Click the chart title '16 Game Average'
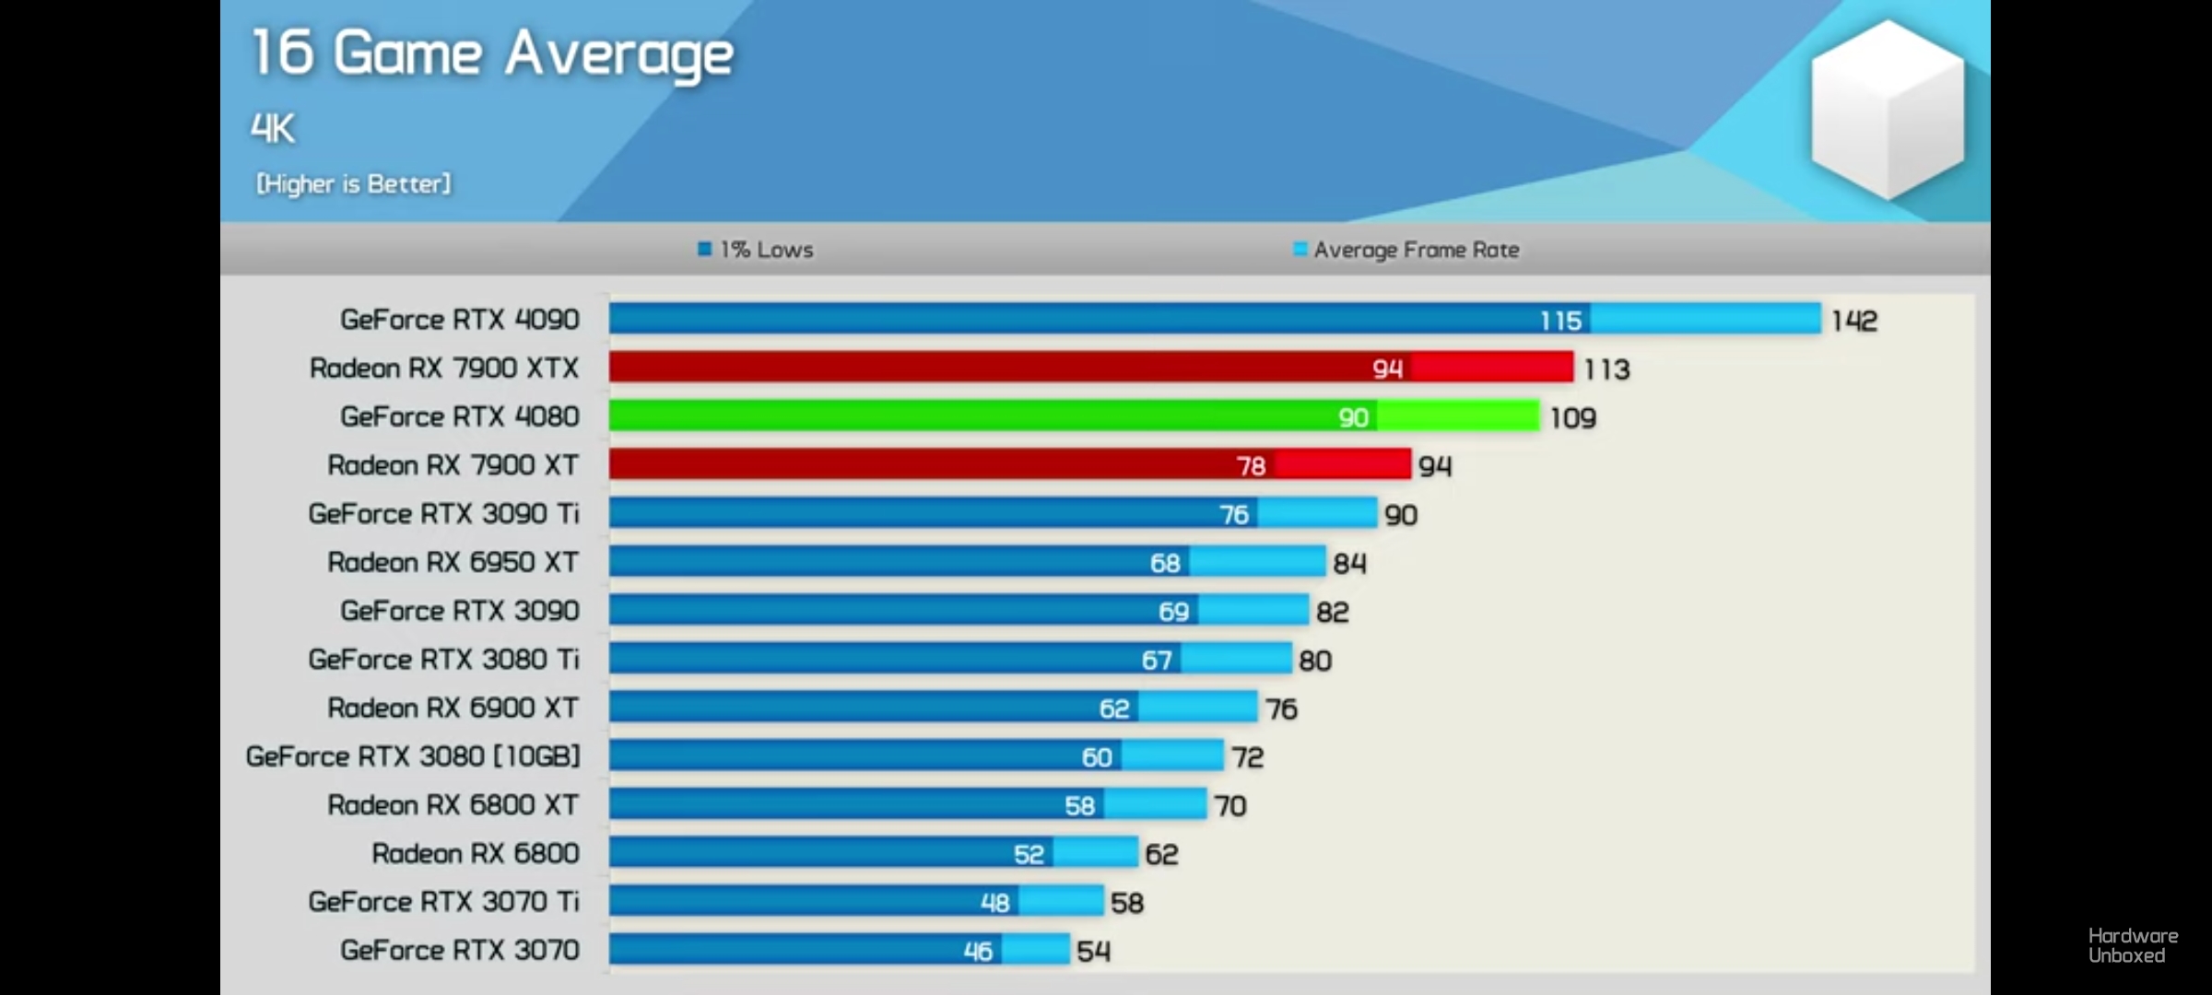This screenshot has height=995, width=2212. pyautogui.click(x=492, y=53)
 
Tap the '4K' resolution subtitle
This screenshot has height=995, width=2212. pyautogui.click(x=273, y=129)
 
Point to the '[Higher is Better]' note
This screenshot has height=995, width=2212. pyautogui.click(x=354, y=184)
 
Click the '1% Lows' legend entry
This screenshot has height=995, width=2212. pyautogui.click(x=756, y=250)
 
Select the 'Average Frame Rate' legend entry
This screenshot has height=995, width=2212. pyautogui.click(x=1406, y=250)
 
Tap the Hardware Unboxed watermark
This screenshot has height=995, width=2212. pyautogui.click(x=2133, y=945)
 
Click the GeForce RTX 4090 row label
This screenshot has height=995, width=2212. pyautogui.click(x=459, y=320)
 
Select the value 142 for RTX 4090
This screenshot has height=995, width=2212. pyautogui.click(x=1853, y=321)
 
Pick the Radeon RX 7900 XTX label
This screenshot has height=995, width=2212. pyautogui.click(x=444, y=369)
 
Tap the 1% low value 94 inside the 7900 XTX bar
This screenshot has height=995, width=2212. pyautogui.click(x=1387, y=369)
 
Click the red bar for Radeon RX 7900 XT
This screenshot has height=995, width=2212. pyautogui.click(x=922, y=465)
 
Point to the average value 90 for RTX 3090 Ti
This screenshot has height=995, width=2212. pyautogui.click(x=1401, y=515)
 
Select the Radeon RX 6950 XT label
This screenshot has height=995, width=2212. pyautogui.click(x=453, y=562)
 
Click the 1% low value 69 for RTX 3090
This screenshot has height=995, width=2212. pyautogui.click(x=1173, y=612)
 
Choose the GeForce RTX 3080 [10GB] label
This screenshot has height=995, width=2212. pyautogui.click(x=413, y=756)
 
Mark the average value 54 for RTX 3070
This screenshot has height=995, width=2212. pyautogui.click(x=1093, y=951)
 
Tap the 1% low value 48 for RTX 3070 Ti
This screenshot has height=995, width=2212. pyautogui.click(x=994, y=903)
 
